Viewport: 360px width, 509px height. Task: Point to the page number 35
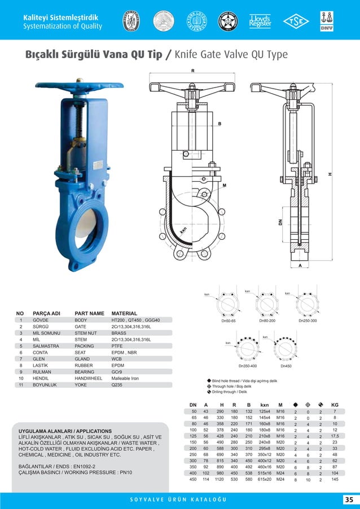[x=348, y=499]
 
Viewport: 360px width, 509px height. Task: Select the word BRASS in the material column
[x=119, y=334]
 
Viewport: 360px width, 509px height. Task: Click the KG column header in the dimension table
[x=335, y=405]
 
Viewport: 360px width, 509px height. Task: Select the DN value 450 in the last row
[x=193, y=479]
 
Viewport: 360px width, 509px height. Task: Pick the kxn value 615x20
[x=264, y=479]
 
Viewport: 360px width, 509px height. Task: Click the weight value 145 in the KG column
[x=335, y=479]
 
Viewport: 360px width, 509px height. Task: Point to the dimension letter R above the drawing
[x=192, y=71]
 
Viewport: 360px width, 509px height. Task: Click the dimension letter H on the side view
[x=330, y=174]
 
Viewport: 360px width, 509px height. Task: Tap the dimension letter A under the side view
[x=300, y=265]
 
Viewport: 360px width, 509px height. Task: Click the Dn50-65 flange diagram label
[x=229, y=321]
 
